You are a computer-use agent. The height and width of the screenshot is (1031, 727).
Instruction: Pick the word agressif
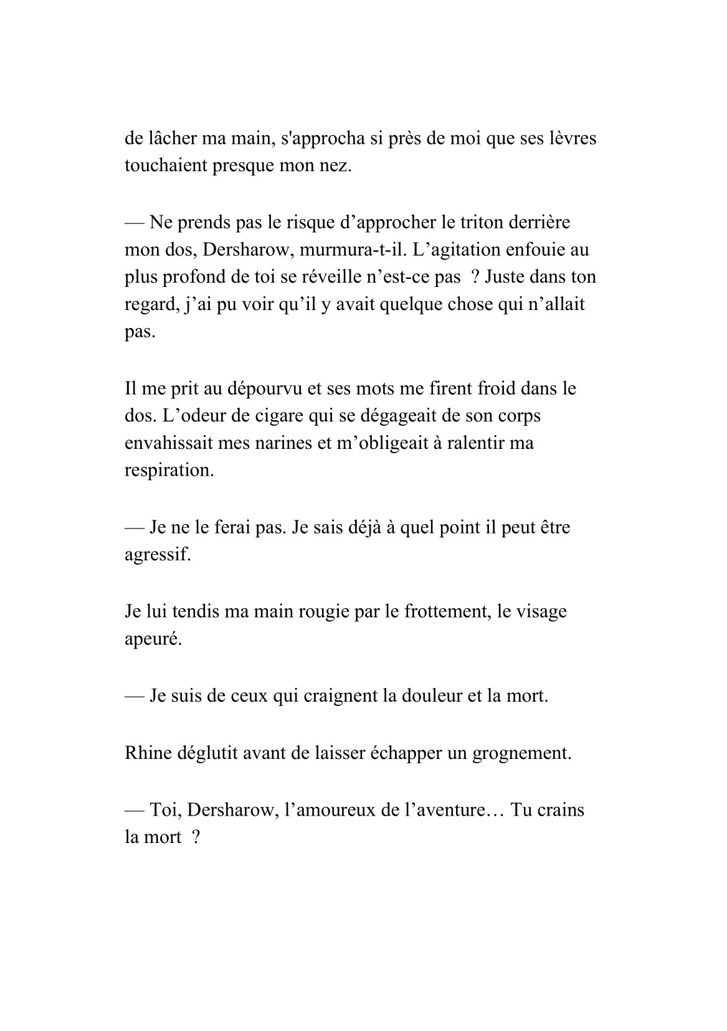[157, 554]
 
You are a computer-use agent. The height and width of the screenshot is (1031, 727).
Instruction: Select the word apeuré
[153, 639]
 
